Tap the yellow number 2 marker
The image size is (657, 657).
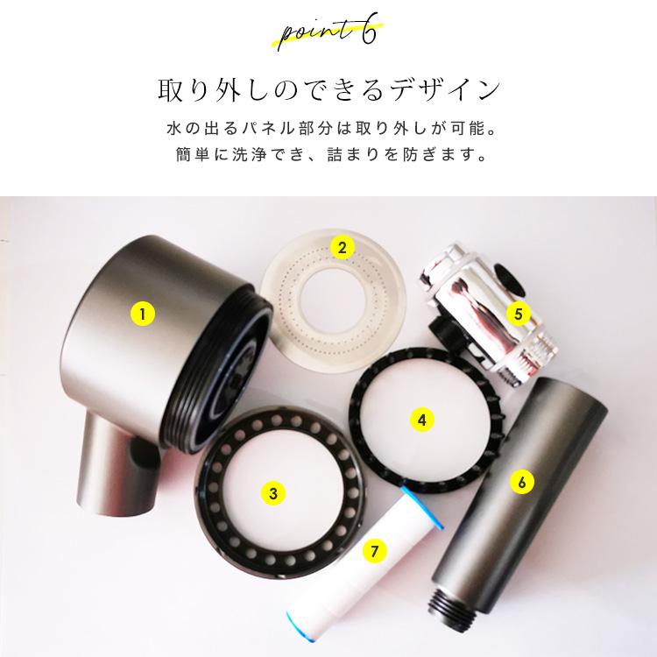(x=343, y=247)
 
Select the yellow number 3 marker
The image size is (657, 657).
(x=273, y=493)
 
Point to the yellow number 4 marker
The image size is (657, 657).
(x=421, y=420)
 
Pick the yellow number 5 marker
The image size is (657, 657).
(x=518, y=312)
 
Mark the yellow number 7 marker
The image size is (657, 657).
(x=374, y=551)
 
